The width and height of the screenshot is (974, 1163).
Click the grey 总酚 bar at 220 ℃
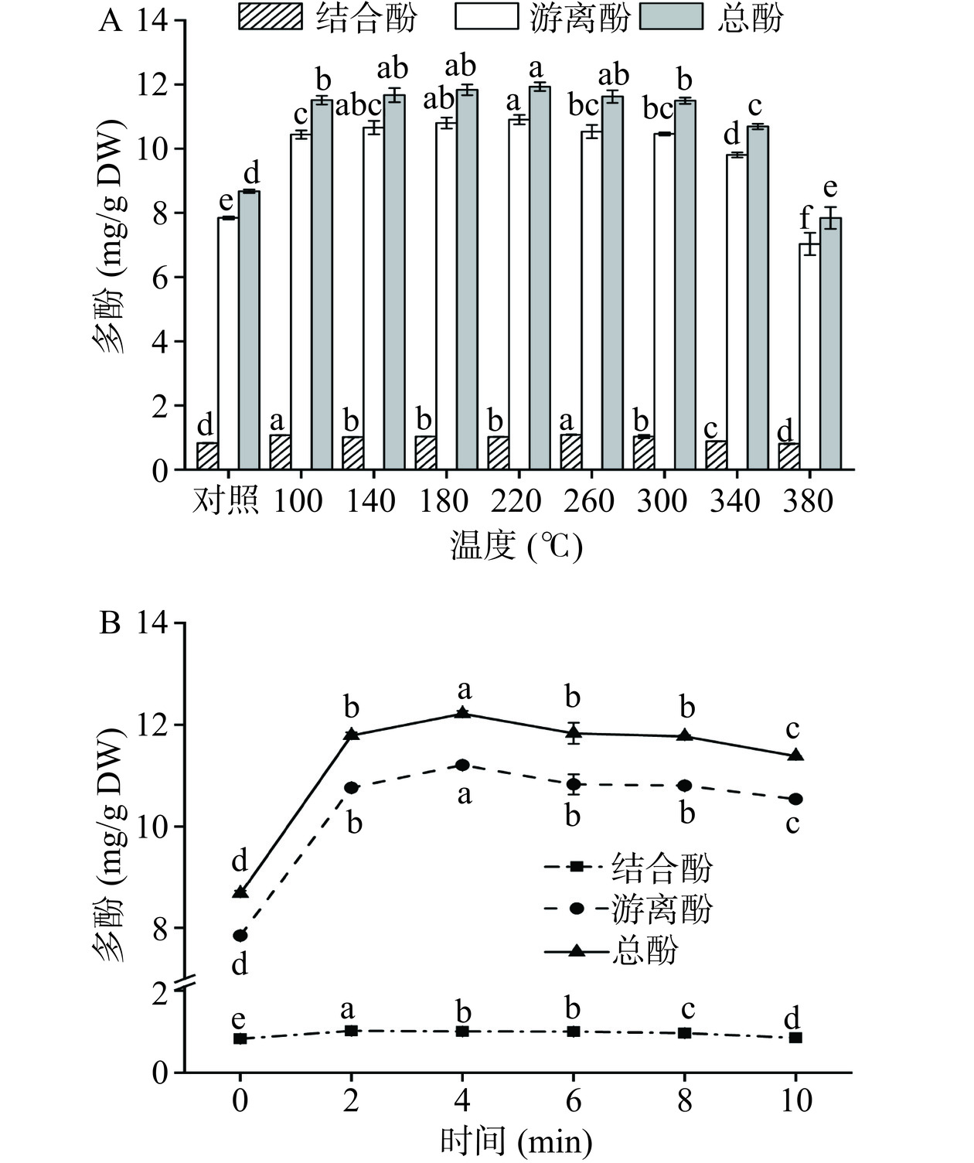pos(540,278)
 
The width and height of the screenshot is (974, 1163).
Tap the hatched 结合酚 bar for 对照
pos(207,455)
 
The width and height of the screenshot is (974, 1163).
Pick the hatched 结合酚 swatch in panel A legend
pos(270,16)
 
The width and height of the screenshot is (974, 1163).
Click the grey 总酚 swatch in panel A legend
pos(672,16)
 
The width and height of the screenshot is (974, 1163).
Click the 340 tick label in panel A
pos(734,500)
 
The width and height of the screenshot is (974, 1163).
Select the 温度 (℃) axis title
pos(516,547)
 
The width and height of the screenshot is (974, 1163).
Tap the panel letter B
pos(110,623)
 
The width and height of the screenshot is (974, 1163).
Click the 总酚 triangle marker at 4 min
pos(462,712)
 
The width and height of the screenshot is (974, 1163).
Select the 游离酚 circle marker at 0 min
pos(240,936)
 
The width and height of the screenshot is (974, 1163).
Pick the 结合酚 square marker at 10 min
pos(795,1038)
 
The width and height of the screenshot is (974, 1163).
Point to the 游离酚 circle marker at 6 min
pos(574,785)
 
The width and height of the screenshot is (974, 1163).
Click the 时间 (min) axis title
pos(516,1141)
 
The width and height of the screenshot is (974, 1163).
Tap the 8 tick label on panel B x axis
pos(685,1100)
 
